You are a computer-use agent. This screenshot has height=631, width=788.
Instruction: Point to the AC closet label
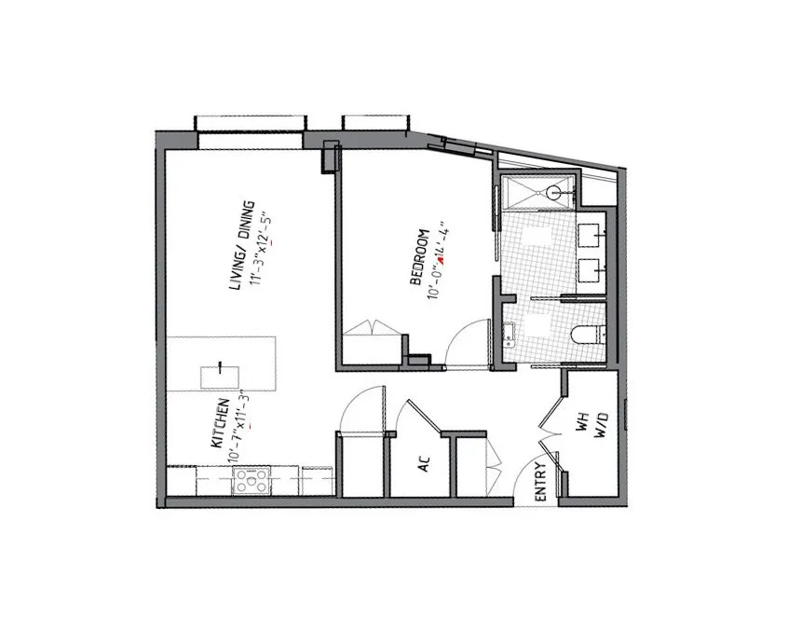pos(422,463)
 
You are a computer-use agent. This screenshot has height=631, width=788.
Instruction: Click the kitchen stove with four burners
pos(251,481)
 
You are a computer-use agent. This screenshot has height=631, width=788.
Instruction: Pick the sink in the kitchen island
pos(220,376)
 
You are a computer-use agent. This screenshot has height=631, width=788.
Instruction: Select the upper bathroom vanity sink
pos(591,234)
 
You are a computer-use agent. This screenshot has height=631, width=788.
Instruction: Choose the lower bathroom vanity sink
pos(591,270)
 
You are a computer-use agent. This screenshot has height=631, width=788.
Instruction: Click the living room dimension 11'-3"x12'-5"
pos(264,252)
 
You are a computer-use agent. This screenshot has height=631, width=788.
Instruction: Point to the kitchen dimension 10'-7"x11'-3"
pos(240,425)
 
